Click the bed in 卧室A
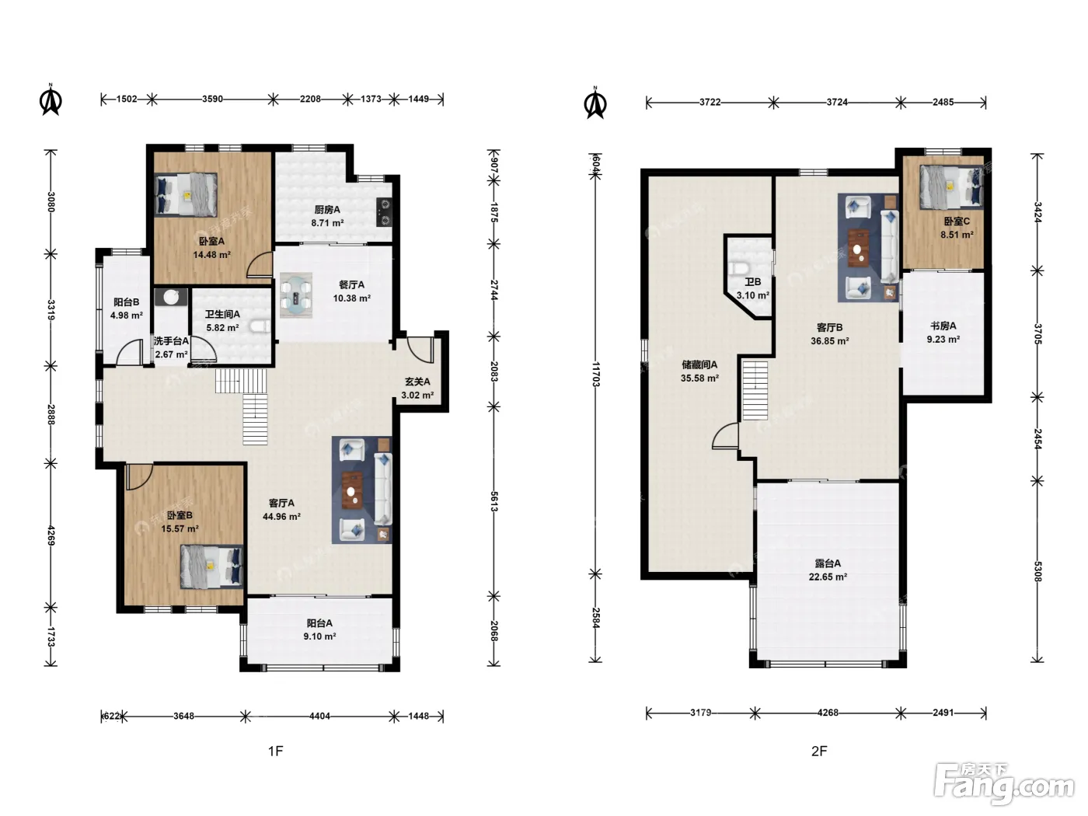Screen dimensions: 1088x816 (x=186, y=194)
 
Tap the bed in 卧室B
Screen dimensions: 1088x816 (x=211, y=567)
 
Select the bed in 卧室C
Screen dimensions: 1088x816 (x=952, y=187)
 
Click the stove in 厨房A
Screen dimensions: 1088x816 (x=384, y=212)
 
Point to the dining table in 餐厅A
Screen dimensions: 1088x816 (x=296, y=295)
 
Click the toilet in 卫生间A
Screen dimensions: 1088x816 (x=260, y=326)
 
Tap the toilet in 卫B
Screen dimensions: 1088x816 (x=740, y=269)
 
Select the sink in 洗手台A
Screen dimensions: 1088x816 (x=171, y=297)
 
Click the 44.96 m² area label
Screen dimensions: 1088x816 (x=281, y=516)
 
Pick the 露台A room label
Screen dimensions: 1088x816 (x=828, y=563)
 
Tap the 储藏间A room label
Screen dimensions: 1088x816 (x=699, y=364)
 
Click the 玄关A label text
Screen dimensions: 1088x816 (x=417, y=382)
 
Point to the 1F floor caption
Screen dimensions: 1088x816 (x=276, y=751)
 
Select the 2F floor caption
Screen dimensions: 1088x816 (x=819, y=751)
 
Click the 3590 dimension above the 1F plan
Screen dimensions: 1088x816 (x=212, y=99)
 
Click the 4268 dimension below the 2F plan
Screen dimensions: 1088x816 (x=828, y=713)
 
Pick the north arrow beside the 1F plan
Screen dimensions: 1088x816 (x=51, y=99)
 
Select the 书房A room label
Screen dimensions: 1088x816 (x=943, y=326)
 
